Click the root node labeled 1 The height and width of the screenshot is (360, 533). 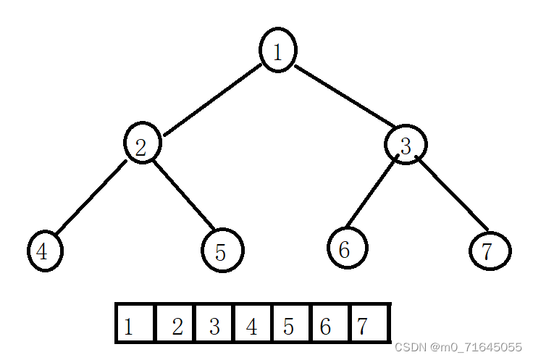click(277, 50)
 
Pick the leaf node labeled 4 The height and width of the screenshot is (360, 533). click(45, 251)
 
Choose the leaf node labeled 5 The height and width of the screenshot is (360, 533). click(222, 251)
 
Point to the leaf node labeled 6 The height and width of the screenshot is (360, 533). click(347, 248)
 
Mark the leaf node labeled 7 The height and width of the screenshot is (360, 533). click(490, 251)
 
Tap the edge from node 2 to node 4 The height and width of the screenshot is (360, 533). click(90, 198)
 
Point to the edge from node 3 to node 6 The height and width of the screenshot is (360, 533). click(372, 192)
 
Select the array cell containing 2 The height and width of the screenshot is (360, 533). click(175, 324)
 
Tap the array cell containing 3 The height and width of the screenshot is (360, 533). click(215, 324)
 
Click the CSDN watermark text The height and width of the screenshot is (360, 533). click(458, 347)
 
